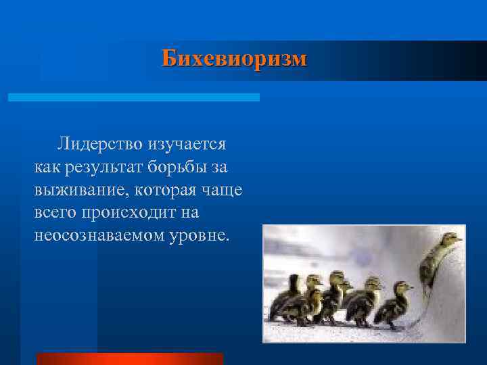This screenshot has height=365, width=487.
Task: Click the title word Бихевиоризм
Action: pos(234,58)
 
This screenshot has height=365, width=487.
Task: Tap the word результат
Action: pos(101,166)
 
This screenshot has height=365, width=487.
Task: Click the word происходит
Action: pos(126,213)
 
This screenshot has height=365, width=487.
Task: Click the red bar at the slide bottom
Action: pos(129,359)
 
